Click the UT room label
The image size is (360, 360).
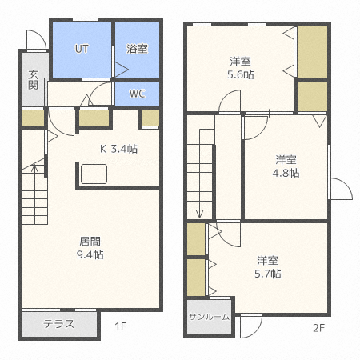click(82, 49)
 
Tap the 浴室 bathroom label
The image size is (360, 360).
click(137, 49)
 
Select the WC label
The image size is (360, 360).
click(138, 94)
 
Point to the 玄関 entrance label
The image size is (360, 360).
click(34, 80)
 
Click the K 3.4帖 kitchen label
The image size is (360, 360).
click(118, 149)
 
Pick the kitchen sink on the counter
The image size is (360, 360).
click(94, 174)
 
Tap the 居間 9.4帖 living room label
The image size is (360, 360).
click(90, 248)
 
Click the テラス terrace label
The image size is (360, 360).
click(58, 324)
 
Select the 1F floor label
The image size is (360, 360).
click(120, 326)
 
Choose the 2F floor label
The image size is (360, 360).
click(318, 328)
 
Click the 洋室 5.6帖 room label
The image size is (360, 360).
click(241, 68)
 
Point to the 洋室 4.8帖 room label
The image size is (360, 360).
click(286, 166)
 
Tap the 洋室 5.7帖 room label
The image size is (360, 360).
click(268, 267)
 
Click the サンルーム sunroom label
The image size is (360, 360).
click(210, 317)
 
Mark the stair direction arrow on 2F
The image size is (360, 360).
click(199, 174)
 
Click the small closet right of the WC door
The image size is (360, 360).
click(150, 118)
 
